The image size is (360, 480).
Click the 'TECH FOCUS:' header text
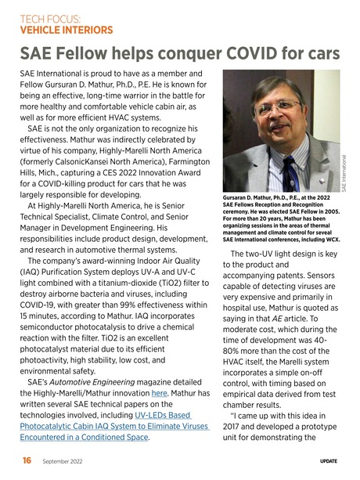coord(49,17)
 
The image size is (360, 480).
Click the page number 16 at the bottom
coord(27,461)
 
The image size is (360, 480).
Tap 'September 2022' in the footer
coord(65,462)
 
